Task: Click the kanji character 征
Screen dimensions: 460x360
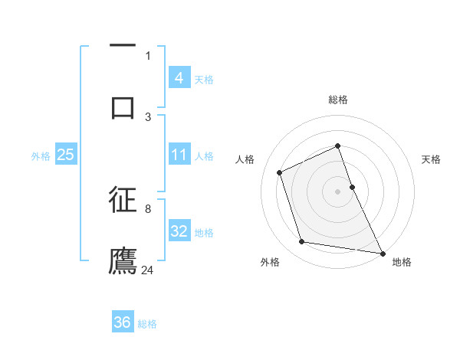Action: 123,200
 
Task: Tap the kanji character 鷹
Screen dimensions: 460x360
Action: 123,260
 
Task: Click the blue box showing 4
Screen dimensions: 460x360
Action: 179,77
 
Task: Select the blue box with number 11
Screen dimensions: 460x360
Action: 179,155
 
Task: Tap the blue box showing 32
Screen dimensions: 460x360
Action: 179,231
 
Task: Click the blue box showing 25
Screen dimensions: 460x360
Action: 65,155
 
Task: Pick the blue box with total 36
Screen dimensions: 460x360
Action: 122,322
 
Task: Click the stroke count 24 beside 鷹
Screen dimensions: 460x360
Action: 148,270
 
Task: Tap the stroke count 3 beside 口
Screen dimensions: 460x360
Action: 148,116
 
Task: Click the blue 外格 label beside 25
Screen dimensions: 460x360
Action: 41,155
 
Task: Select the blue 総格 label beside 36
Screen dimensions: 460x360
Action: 147,324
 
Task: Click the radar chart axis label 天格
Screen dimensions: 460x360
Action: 432,159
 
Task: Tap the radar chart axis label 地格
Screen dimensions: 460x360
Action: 402,262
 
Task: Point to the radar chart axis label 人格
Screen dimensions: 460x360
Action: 245,159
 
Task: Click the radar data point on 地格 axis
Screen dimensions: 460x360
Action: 382,252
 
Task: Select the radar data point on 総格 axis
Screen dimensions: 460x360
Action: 338,146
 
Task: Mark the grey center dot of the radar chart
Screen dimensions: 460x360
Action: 338,191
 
